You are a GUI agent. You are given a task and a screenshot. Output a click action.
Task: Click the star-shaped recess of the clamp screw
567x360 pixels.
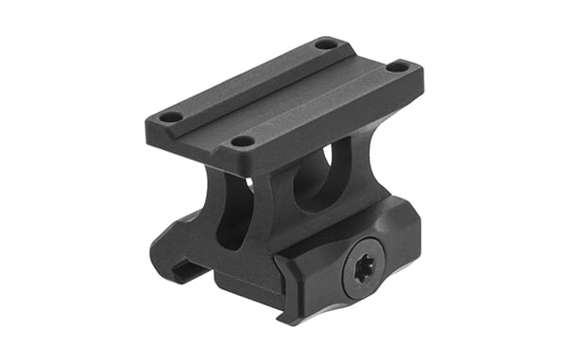point(362,267)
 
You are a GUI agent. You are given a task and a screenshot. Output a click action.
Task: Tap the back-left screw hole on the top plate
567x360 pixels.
point(325,44)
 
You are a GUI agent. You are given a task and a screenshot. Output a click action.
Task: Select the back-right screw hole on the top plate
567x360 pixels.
point(398,67)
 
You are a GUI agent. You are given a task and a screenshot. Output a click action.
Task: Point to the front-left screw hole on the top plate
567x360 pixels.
point(171,117)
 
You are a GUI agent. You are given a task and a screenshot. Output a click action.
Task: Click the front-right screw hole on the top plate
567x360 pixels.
point(242,142)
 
